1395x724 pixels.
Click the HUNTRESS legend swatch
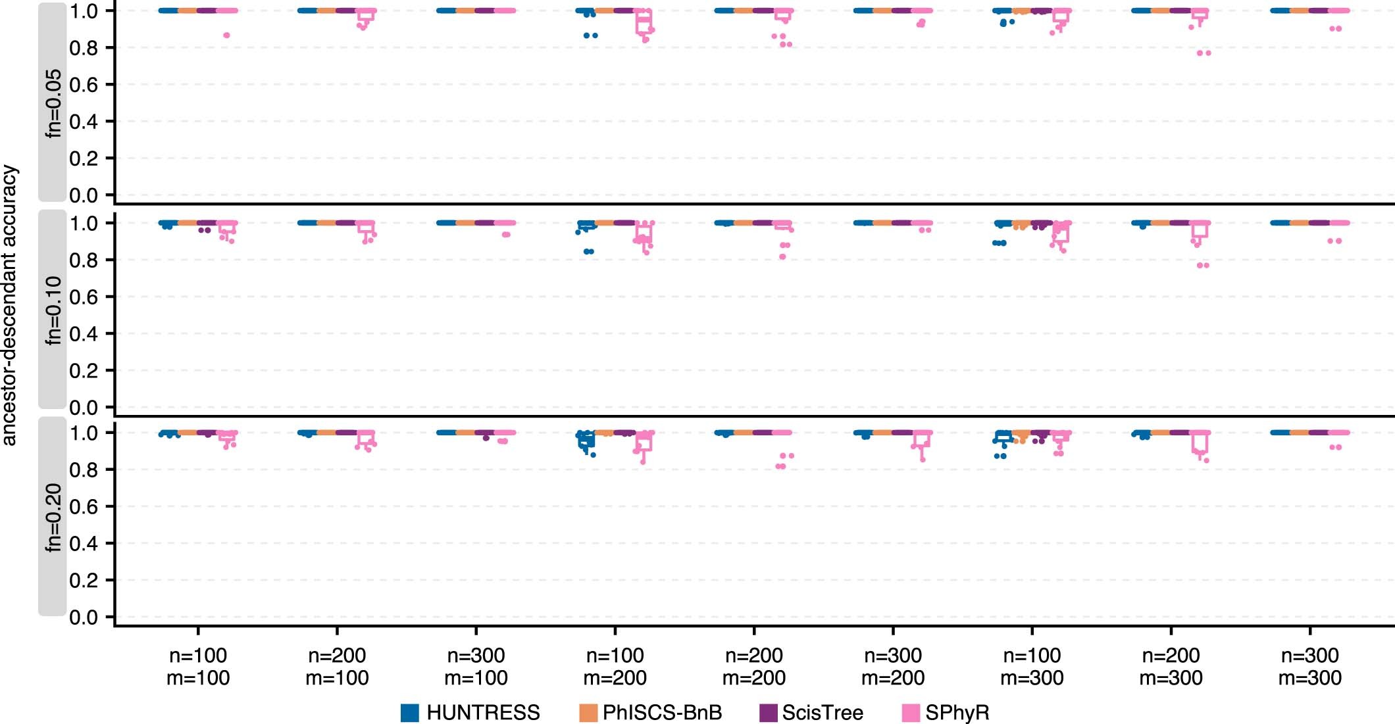click(410, 713)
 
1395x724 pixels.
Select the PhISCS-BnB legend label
click(662, 713)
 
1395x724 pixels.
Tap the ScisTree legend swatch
click(768, 713)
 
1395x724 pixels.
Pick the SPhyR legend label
click(957, 713)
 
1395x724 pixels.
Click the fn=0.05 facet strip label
click(53, 103)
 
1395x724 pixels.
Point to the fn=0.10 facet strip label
click(53, 310)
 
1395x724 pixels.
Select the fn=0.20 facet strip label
click(53, 518)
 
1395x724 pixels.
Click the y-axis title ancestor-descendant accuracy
click(9, 306)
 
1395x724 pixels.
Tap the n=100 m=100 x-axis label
click(197, 666)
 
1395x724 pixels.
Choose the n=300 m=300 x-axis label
click(1309, 666)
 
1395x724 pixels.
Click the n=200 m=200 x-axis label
click(753, 666)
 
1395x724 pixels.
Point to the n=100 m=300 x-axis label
click(1032, 666)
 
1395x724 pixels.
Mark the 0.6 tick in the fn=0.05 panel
click(83, 85)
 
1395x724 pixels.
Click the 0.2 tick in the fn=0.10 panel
click(83, 371)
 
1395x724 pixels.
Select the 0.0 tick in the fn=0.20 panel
click(83, 617)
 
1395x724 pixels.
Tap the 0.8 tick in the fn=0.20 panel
click(83, 470)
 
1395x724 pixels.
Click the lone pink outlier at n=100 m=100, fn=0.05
click(226, 35)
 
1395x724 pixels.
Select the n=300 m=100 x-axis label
click(476, 666)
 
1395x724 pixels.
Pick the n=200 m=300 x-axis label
click(1171, 666)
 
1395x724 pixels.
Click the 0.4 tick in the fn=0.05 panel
click(83, 122)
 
